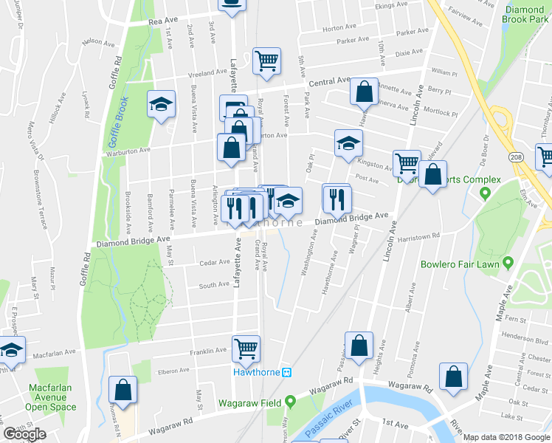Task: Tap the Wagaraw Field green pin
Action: pos(291,402)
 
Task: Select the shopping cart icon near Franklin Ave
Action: pos(246,348)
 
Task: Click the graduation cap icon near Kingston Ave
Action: pos(348,143)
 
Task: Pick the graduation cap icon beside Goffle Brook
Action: pos(160,104)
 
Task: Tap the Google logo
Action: pos(24,434)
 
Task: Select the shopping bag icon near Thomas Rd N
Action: pos(123,390)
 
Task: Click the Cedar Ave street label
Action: pos(215,262)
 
